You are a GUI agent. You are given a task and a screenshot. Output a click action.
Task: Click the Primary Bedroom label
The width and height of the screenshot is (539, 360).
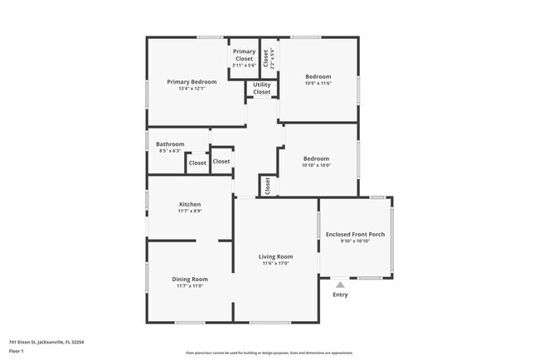(x=192, y=81)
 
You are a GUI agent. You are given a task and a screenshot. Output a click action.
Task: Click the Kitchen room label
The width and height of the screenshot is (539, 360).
(x=190, y=204)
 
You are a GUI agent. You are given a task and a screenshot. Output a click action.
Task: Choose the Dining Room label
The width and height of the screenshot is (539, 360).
(x=190, y=279)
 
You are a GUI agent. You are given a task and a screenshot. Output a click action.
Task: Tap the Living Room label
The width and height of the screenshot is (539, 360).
(x=277, y=256)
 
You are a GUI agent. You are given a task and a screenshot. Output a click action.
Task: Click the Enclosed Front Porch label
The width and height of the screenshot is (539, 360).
(x=355, y=234)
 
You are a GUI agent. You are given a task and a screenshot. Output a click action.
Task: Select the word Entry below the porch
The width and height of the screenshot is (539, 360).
(x=340, y=294)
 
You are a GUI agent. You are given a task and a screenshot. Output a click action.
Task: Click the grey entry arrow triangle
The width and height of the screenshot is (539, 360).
(x=340, y=285)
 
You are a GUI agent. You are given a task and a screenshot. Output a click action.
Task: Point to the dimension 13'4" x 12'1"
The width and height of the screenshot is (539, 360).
(x=192, y=89)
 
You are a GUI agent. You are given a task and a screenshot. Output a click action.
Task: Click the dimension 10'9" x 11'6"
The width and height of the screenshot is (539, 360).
(x=318, y=83)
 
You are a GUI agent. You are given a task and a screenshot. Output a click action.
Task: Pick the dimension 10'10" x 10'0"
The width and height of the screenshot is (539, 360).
(x=316, y=165)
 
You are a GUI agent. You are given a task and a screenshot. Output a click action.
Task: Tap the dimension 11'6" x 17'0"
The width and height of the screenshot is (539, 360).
(x=277, y=264)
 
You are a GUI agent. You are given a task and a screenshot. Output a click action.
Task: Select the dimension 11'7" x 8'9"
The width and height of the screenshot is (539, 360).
(x=190, y=212)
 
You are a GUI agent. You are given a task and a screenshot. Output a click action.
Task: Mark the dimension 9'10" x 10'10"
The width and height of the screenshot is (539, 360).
(x=355, y=241)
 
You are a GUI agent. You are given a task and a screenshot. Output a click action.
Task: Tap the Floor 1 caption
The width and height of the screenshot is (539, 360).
(x=17, y=351)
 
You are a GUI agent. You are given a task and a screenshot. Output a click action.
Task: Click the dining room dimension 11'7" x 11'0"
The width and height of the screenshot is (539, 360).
(x=190, y=286)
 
